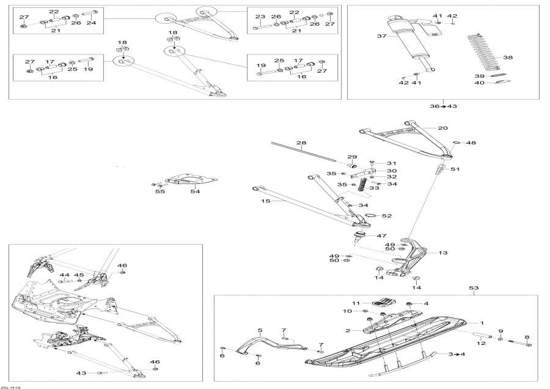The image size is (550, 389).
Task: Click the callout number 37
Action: (x=382, y=36)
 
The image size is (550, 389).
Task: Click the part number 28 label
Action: (x=301, y=143)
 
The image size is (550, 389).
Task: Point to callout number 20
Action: (x=443, y=128)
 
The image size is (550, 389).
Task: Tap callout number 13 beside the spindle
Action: (x=443, y=252)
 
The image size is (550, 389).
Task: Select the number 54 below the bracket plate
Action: (x=195, y=191)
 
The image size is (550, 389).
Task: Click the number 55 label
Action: (x=160, y=191)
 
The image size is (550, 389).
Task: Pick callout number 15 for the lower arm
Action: (x=266, y=201)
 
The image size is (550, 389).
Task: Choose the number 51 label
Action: (x=455, y=169)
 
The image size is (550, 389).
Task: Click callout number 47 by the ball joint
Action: (x=382, y=235)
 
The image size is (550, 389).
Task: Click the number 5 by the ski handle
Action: (x=260, y=331)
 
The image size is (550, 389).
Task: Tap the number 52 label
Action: (x=387, y=216)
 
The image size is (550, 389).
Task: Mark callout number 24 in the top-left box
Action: (x=91, y=23)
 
